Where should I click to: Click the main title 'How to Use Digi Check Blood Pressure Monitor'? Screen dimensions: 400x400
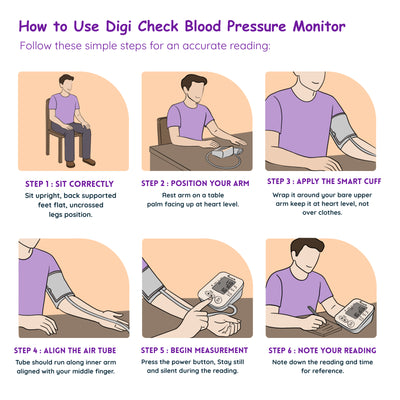(200, 23)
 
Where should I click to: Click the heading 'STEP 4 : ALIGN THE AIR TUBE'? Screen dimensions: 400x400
(64, 350)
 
